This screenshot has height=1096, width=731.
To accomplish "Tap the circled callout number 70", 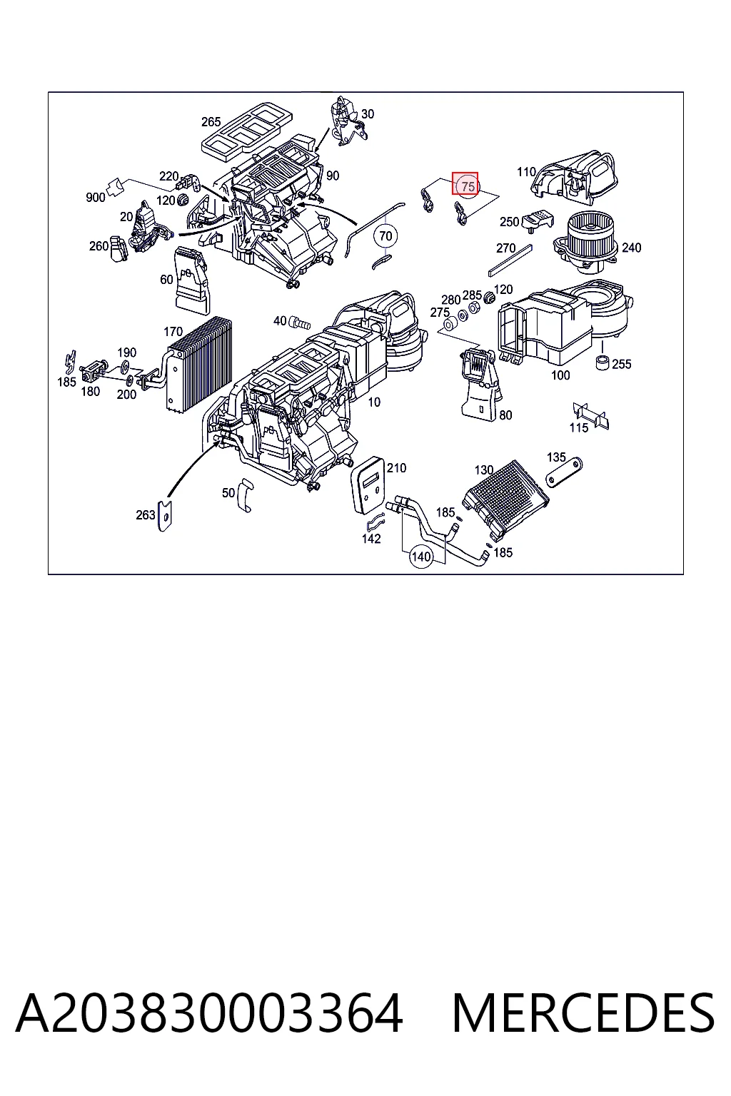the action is click(x=385, y=236).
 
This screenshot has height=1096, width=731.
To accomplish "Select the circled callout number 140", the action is click(x=421, y=557).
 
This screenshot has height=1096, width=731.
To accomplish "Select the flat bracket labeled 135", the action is click(x=564, y=472).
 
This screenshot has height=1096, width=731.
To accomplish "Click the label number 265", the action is click(x=211, y=122).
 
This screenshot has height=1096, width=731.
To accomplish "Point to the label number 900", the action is click(x=96, y=198).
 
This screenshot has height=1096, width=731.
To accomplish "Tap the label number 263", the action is click(x=146, y=514).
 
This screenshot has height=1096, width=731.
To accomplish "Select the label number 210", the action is click(x=396, y=468).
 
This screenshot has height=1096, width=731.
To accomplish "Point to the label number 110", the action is click(x=526, y=172).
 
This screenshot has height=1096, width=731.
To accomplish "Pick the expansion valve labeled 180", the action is click(x=91, y=372).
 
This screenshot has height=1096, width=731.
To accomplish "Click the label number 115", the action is click(x=579, y=428).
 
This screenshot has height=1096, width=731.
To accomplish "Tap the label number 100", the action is click(x=560, y=375).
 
